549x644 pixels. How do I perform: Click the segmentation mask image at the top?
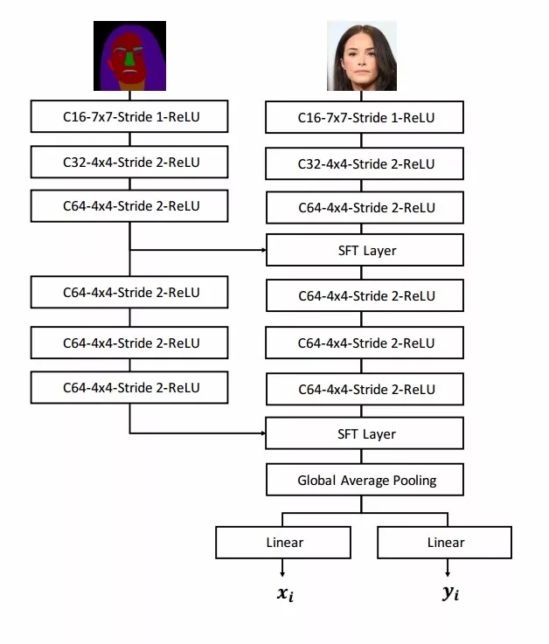(x=129, y=56)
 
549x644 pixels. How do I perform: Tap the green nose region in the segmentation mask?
(x=130, y=59)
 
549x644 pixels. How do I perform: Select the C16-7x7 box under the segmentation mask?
(x=129, y=116)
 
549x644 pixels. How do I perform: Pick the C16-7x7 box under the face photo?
(x=365, y=118)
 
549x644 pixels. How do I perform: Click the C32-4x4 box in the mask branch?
(x=129, y=162)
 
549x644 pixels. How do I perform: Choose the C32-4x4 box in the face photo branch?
(x=365, y=163)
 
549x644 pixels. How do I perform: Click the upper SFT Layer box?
(x=365, y=251)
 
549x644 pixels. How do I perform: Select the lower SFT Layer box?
(x=365, y=434)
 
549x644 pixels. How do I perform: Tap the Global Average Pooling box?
(x=365, y=480)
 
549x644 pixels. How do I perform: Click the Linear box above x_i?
(x=283, y=543)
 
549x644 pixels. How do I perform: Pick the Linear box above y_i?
(x=444, y=543)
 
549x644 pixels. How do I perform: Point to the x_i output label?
(x=283, y=596)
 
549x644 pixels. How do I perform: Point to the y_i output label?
(x=450, y=596)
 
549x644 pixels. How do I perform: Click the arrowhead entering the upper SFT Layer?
(x=262, y=251)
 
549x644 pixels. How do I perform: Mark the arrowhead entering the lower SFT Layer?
(x=262, y=433)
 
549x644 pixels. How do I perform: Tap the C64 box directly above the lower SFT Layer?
(x=365, y=389)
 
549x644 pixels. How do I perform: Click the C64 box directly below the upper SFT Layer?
(x=365, y=296)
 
